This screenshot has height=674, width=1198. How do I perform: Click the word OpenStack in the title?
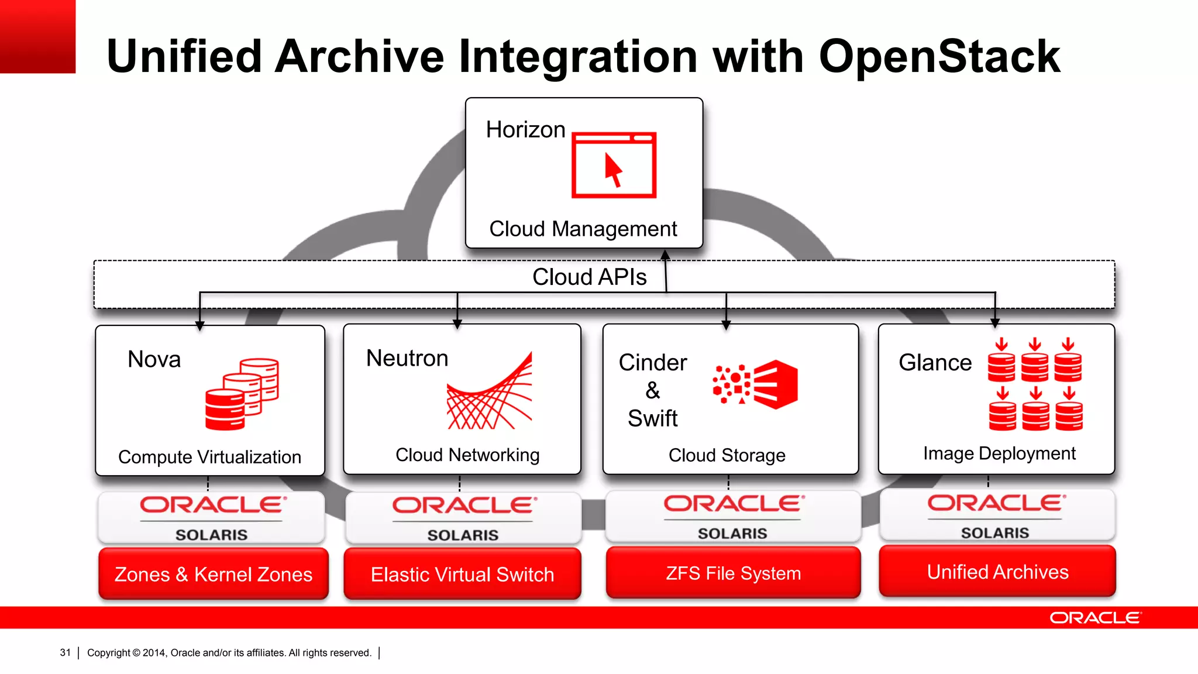click(939, 57)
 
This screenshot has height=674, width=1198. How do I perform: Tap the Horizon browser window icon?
click(614, 165)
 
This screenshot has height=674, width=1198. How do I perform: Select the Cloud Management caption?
click(583, 229)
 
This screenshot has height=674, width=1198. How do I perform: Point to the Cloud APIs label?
click(589, 277)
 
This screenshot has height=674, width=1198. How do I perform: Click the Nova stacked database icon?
click(242, 394)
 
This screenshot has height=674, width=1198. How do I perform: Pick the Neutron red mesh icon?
click(490, 391)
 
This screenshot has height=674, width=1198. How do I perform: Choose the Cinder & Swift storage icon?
click(755, 384)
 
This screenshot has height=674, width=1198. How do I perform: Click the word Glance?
click(935, 363)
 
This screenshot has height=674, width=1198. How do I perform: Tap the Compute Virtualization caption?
click(209, 457)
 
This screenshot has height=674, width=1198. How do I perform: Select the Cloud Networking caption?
click(467, 455)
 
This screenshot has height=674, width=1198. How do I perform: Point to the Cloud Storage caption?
click(727, 455)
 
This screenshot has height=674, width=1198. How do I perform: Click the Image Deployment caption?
click(999, 453)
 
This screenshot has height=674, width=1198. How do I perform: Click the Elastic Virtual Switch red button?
click(462, 574)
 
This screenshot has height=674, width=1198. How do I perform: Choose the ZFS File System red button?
click(733, 573)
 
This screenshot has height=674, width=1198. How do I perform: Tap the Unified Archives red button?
click(997, 572)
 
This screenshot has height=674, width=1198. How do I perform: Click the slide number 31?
click(65, 652)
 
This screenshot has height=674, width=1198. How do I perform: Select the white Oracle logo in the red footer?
click(1094, 618)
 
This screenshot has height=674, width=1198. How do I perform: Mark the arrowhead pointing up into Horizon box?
click(665, 255)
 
